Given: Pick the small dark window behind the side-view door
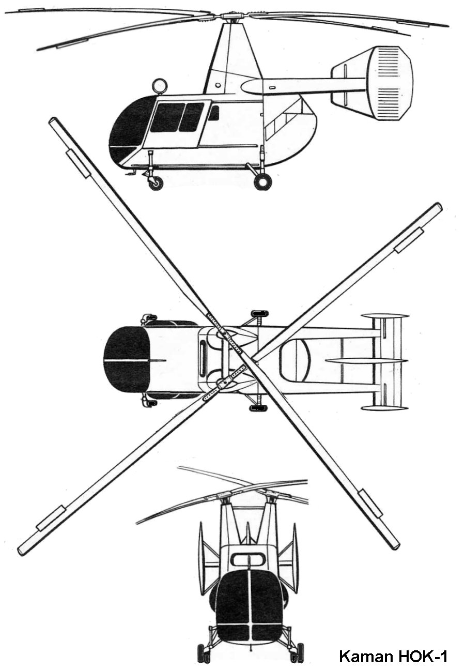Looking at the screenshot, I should click(213, 113).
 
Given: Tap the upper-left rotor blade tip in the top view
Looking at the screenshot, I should click(54, 122).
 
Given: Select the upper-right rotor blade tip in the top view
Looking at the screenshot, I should click(437, 207).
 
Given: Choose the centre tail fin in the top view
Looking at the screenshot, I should click(367, 360).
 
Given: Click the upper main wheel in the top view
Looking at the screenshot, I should click(259, 313).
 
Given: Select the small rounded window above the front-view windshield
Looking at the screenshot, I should click(247, 559).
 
